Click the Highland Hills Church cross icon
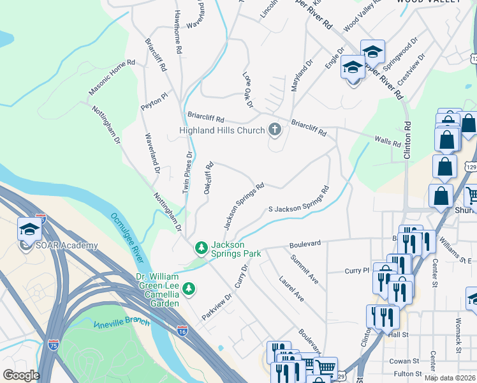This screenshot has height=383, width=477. click(275, 130)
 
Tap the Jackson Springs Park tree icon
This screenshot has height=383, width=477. click(201, 246)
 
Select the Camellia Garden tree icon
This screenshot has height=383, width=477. click(189, 289)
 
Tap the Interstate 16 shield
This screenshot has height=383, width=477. click(182, 329)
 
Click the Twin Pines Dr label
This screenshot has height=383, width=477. click(187, 172)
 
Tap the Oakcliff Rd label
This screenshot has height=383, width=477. click(208, 178)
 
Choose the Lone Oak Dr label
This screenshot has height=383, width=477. click(248, 89)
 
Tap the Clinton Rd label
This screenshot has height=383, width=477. click(407, 138)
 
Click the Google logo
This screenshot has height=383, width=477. click(21, 375)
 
